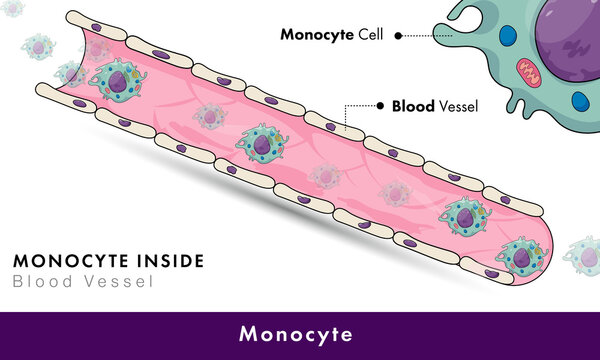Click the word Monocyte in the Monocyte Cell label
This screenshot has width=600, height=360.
tap(315, 34)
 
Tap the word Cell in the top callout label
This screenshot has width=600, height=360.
tap(371, 34)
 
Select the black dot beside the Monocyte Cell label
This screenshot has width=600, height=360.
tap(397, 35)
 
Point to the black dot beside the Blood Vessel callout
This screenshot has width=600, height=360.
tap(379, 104)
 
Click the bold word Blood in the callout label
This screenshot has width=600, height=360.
tap(413, 104)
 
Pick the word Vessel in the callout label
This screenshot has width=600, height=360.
tap(460, 104)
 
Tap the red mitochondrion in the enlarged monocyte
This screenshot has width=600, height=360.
tap(528, 72)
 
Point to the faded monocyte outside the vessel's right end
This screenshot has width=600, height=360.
tap(582, 255)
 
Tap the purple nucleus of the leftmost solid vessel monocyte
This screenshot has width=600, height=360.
tap(118, 84)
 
